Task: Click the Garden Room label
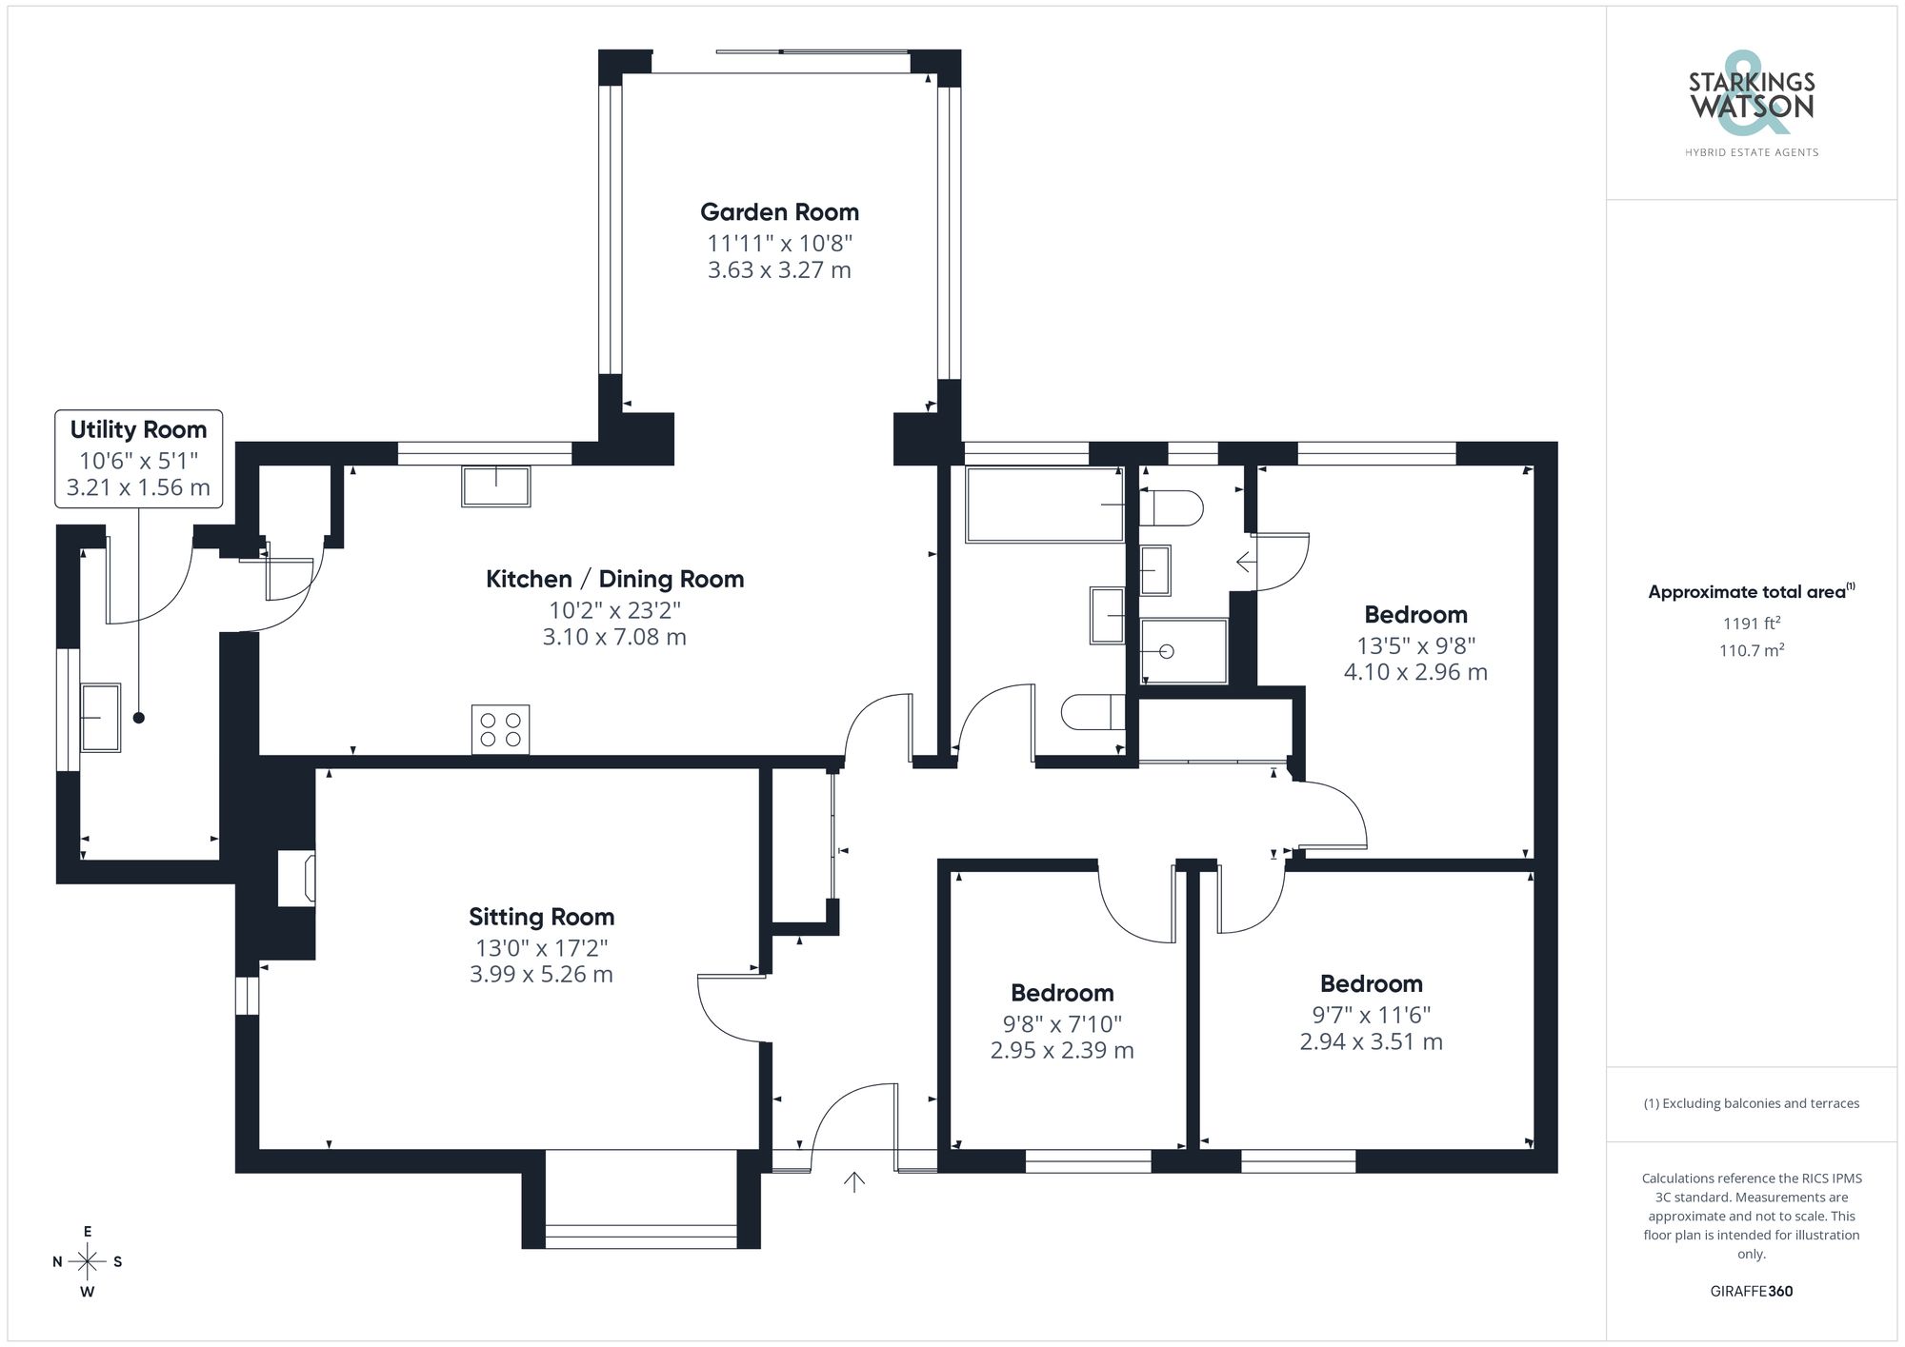coord(779,212)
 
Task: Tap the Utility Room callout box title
coord(138,430)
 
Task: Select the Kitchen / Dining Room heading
coord(614,579)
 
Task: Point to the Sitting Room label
coord(541,917)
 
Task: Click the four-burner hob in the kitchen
coord(500,730)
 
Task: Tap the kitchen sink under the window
coord(495,485)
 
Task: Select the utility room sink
coord(99,717)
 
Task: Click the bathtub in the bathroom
coord(1045,505)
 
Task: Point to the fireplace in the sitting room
coord(297,879)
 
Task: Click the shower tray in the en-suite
coord(1183,651)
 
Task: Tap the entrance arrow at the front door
coord(854,1182)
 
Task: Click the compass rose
coord(88,1262)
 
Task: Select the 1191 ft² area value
coord(1751,624)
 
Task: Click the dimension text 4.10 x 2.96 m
coord(1415,672)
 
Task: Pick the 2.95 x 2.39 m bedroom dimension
coord(1062,1051)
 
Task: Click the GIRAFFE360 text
coord(1751,1292)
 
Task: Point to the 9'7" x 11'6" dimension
coord(1371,1015)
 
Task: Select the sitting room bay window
coord(641,1236)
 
